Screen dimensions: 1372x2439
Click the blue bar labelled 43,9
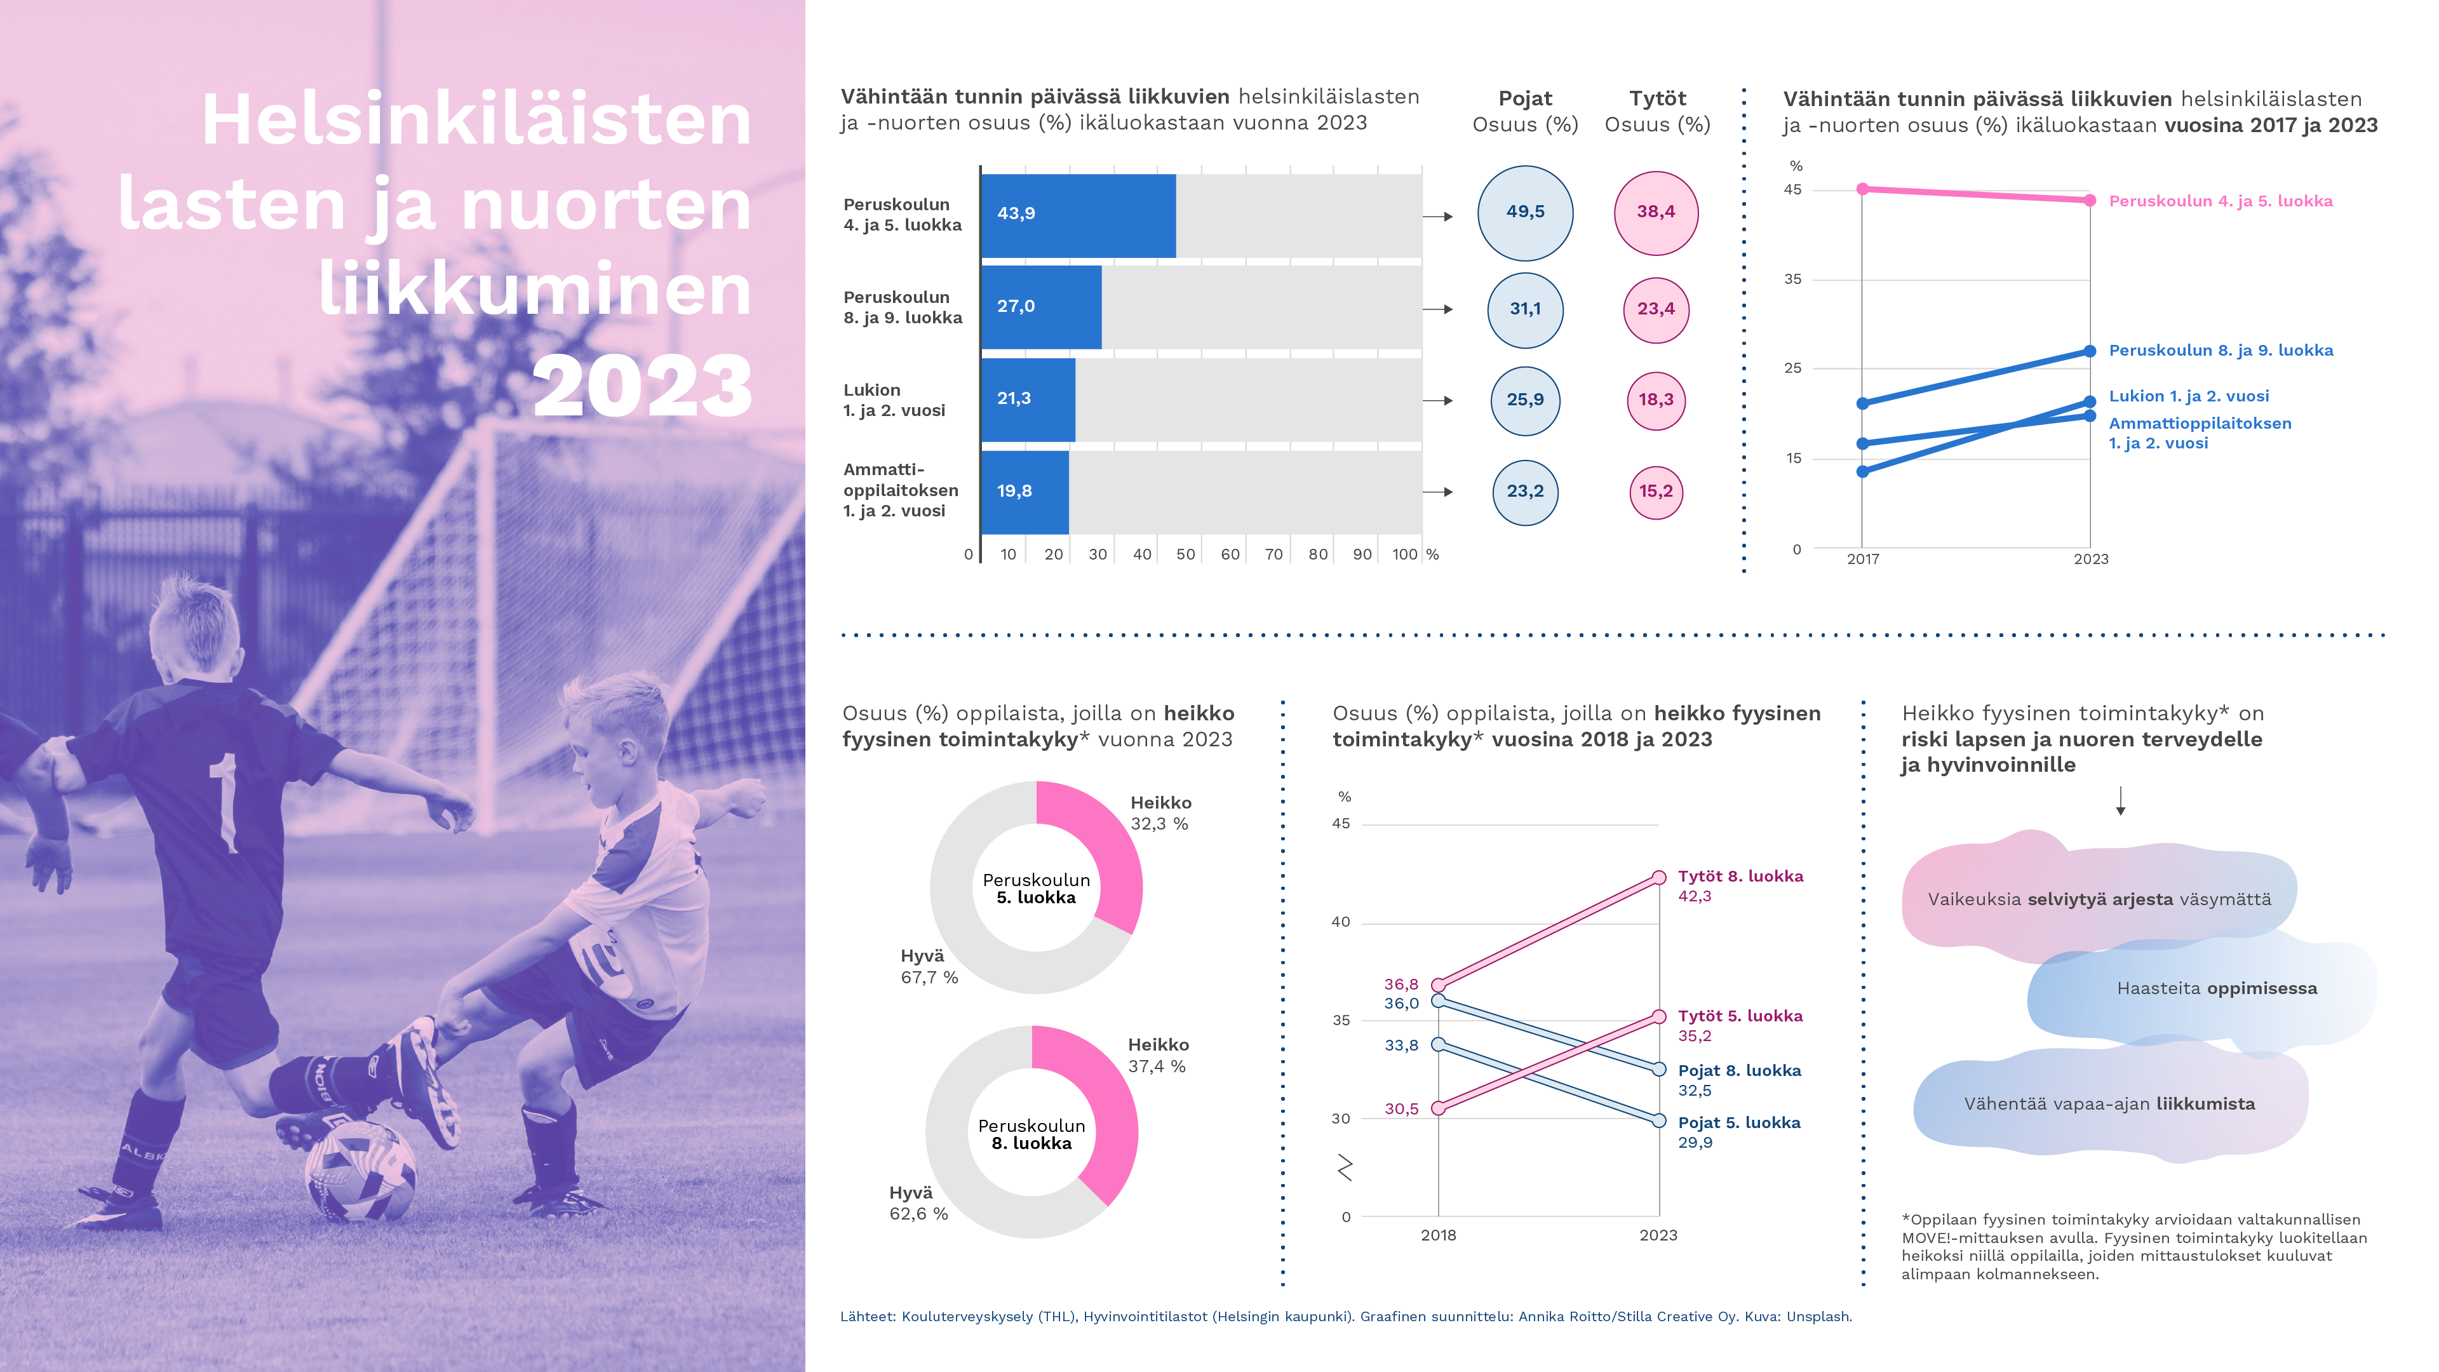tap(1078, 216)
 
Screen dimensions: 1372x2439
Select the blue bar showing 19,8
tap(1025, 492)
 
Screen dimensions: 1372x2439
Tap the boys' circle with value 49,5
tap(1524, 213)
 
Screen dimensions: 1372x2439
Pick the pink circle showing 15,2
tap(1656, 492)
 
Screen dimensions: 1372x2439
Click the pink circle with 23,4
tap(1656, 309)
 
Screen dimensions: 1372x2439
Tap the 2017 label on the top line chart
tap(1862, 560)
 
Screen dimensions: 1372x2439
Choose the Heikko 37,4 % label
tap(1158, 1056)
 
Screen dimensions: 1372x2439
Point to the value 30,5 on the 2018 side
tap(1401, 1109)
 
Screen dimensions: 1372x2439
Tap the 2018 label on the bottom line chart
tap(1438, 1235)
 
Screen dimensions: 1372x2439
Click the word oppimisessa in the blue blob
tap(2262, 988)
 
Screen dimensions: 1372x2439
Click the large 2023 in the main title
tap(642, 386)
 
